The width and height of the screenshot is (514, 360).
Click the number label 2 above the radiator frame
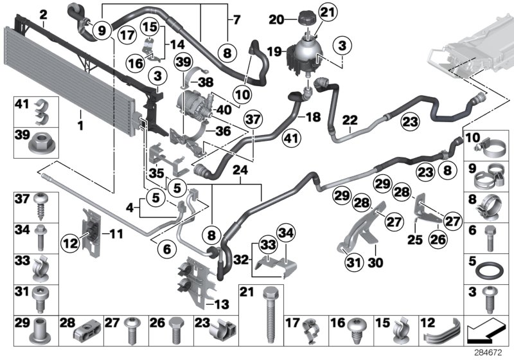tap(43, 14)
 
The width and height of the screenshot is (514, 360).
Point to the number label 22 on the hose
tap(350, 120)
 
